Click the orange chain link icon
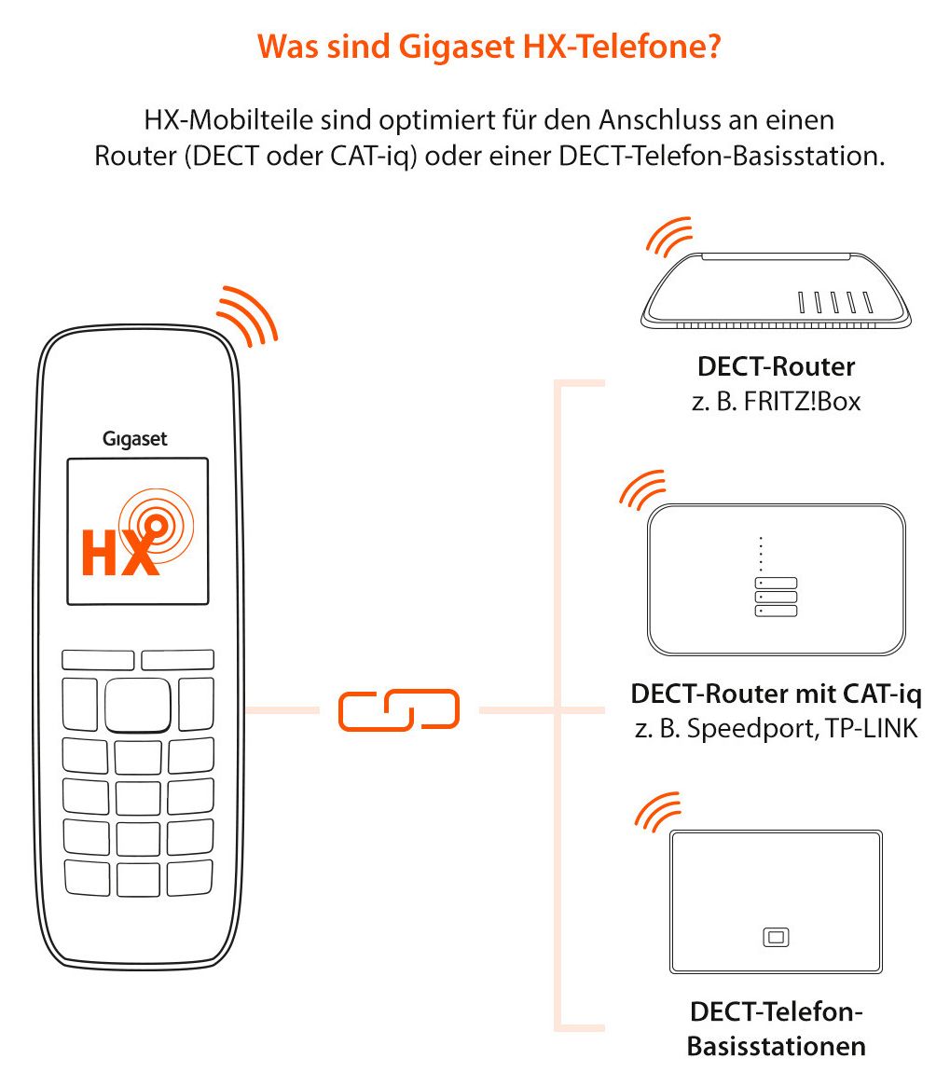399,709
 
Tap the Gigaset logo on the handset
135,439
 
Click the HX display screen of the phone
137,530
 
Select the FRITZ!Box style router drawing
776,288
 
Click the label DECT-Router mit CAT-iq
776,694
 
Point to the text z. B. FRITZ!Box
776,403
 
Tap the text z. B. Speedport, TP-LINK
776,728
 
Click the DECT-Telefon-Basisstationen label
776,1028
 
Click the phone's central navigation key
137,705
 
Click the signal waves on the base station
657,811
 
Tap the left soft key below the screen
98,660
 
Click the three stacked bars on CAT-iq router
776,597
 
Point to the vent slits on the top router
835,303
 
